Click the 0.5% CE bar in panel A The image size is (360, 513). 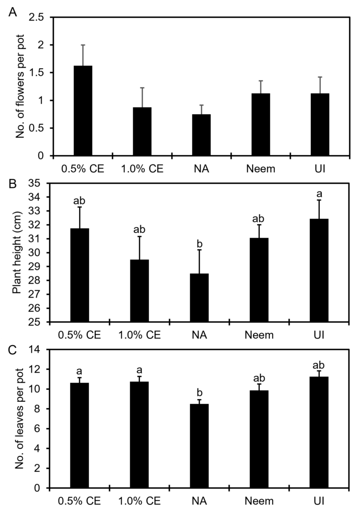[83, 111]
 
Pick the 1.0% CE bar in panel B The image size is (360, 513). [139, 291]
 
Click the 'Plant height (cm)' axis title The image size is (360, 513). [19, 253]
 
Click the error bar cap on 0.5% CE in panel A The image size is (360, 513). [83, 45]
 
